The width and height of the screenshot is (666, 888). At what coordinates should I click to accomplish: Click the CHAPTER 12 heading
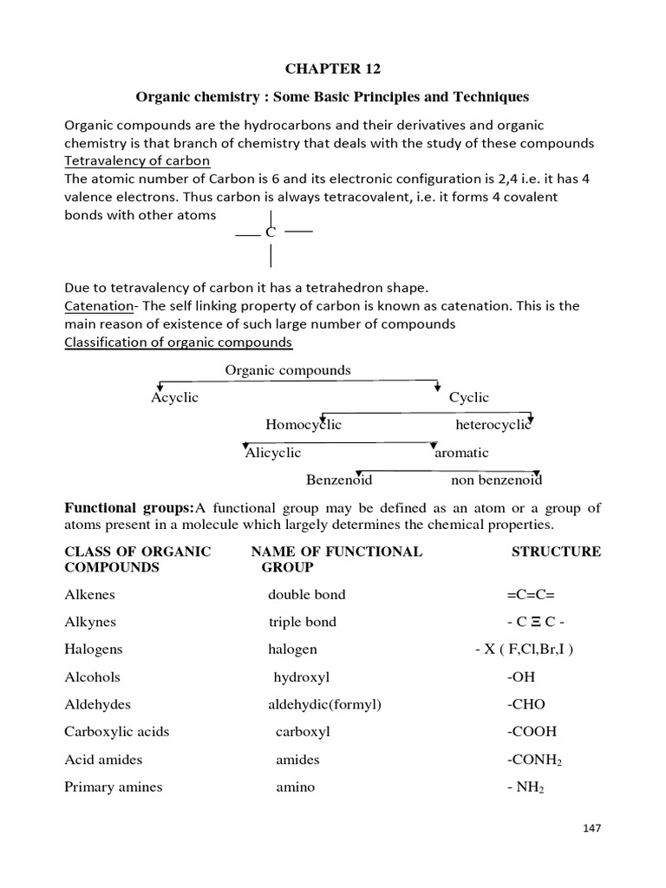pos(332,69)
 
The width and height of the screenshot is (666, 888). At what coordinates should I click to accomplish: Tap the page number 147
pos(591,828)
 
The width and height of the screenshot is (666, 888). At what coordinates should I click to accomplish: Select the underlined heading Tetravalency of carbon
pos(138,161)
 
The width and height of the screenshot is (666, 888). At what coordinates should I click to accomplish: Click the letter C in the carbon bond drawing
pos(270,232)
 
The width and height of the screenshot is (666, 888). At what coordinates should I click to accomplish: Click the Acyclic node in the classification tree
pos(174,397)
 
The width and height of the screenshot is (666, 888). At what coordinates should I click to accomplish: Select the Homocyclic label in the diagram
pos(304,425)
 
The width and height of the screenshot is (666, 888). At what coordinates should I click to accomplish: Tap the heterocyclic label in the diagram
pos(493,425)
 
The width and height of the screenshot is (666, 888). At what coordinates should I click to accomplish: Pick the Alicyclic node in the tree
pos(273,453)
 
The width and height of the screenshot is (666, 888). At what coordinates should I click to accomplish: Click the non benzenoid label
pos(496,480)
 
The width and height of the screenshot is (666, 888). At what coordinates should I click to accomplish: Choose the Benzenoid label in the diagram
pos(339,480)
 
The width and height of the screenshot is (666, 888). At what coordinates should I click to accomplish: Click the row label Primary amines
pos(113,787)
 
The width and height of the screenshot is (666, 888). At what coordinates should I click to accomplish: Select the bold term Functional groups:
pos(129,507)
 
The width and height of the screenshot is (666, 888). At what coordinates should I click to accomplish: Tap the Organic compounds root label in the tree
pos(288,370)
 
